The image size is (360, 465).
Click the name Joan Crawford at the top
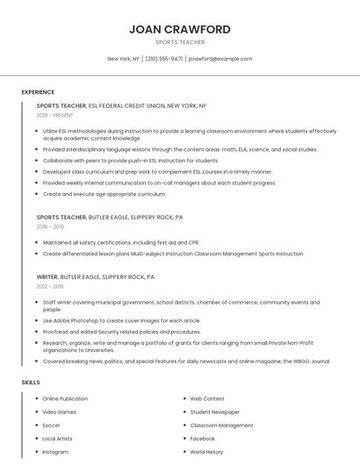pos(180,29)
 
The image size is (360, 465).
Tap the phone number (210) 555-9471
pos(163,59)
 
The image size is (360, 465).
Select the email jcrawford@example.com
pos(220,59)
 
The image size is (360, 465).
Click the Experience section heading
pos(38,92)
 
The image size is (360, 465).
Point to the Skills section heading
pos(31,383)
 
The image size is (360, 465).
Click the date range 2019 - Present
pos(54,115)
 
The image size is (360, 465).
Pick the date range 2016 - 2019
pos(49,226)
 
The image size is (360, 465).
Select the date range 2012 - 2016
pos(49,286)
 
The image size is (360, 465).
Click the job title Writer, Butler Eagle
pos(95,276)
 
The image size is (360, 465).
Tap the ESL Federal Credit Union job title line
pos(121,105)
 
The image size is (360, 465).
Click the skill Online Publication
pos(65,398)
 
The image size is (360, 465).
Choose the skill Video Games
pos(60,411)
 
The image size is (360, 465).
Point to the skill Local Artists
pos(58,438)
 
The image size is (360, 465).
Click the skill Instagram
pos(55,452)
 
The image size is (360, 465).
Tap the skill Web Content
pos(207,398)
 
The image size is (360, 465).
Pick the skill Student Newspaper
pos(214,411)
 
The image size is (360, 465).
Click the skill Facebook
pos(203,438)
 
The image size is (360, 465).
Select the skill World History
pos(207,452)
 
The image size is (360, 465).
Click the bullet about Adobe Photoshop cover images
pos(121,320)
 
